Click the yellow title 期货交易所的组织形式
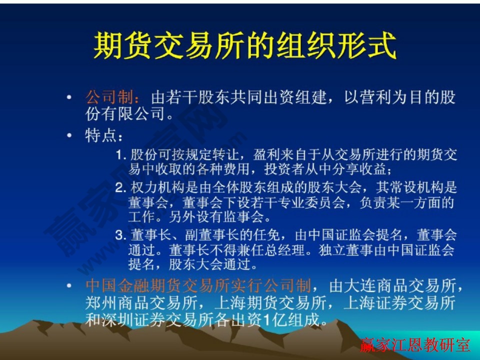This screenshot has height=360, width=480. (x=244, y=46)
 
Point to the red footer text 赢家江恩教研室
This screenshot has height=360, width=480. (x=415, y=345)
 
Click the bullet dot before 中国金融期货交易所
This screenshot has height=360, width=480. (x=70, y=286)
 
